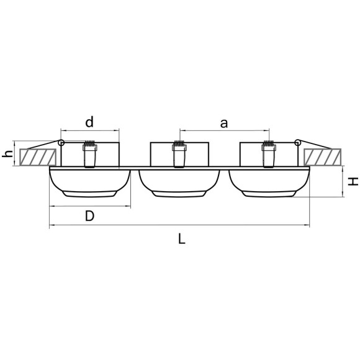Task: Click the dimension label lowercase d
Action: click(x=89, y=122)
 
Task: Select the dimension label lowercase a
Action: click(x=224, y=124)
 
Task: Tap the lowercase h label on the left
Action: click(x=7, y=153)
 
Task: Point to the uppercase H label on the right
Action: click(x=353, y=181)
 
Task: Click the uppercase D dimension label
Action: click(x=89, y=216)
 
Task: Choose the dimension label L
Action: click(x=182, y=239)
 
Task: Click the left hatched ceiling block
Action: click(x=38, y=157)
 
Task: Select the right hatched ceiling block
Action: click(x=322, y=157)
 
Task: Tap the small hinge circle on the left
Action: click(x=61, y=143)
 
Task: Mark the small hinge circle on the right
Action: click(x=298, y=142)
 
